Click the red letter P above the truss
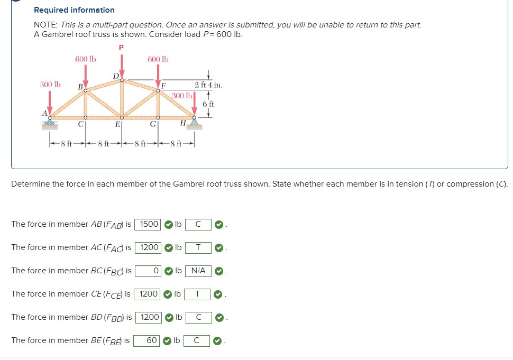pyautogui.click(x=122, y=48)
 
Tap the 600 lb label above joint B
pyautogui.click(x=85, y=59)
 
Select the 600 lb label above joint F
pyautogui.click(x=158, y=59)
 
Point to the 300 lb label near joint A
pyautogui.click(x=50, y=85)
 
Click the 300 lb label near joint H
pyautogui.click(x=181, y=96)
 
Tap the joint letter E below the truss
pyautogui.click(x=117, y=125)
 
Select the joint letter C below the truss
pyautogui.click(x=81, y=125)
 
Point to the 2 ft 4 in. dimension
pyautogui.click(x=208, y=85)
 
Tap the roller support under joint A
pyautogui.click(x=51, y=124)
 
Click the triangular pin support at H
pyautogui.click(x=195, y=122)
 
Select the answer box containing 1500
pyautogui.click(x=149, y=224)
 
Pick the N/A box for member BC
pyautogui.click(x=198, y=271)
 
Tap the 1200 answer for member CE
pyautogui.click(x=149, y=294)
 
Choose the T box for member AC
pyautogui.click(x=198, y=247)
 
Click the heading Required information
pyautogui.click(x=74, y=10)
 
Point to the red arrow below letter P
pyautogui.click(x=122, y=67)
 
